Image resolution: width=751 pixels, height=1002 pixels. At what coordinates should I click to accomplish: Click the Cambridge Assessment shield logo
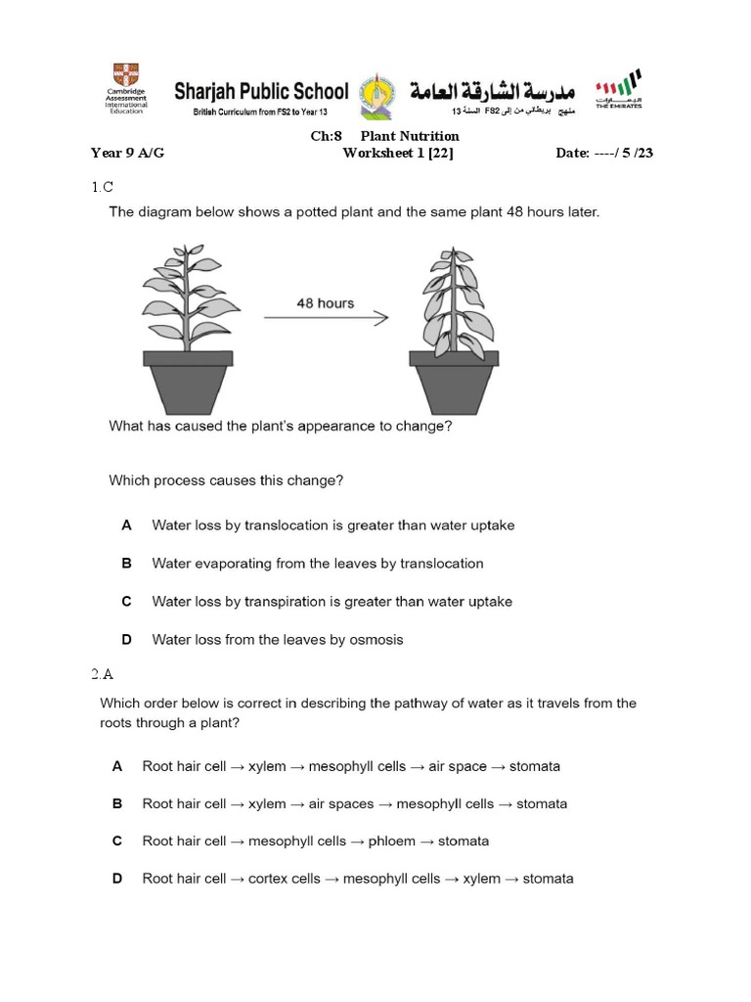tap(126, 75)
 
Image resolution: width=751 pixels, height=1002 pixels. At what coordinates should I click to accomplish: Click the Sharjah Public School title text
tap(261, 92)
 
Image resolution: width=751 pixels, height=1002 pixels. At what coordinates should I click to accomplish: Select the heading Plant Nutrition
tap(409, 136)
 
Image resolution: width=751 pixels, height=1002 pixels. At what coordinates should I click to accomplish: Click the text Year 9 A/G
tap(127, 154)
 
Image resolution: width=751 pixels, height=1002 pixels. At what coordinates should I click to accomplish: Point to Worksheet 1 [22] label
tap(398, 154)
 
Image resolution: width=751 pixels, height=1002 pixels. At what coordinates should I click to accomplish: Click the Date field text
tap(611, 154)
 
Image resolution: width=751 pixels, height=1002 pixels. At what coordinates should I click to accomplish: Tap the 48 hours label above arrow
tap(325, 303)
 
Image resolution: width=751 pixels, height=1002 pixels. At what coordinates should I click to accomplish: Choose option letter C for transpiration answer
tap(126, 602)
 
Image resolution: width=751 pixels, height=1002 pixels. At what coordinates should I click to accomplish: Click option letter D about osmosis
tap(126, 640)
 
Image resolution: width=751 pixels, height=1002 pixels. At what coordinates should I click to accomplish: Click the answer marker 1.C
tap(103, 186)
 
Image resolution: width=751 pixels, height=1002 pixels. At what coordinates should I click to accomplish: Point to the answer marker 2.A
tap(103, 674)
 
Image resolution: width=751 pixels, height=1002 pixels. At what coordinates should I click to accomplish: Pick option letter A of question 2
tap(117, 767)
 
